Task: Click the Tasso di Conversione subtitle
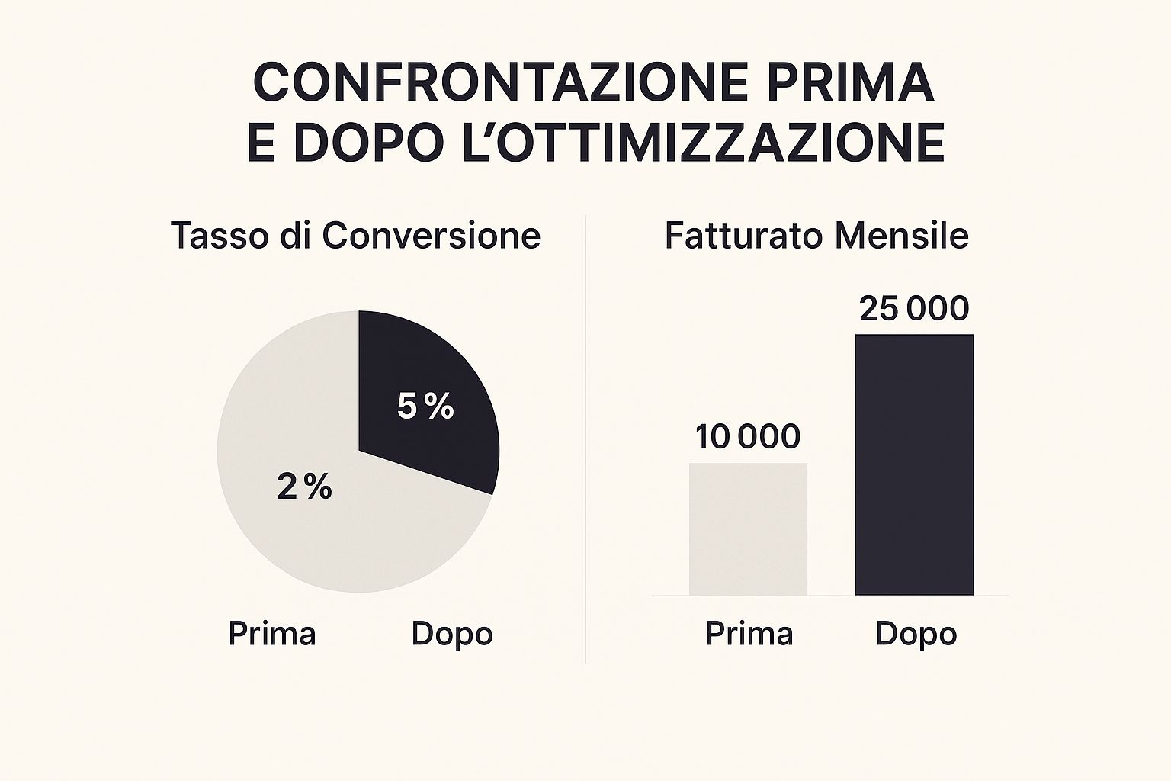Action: pyautogui.click(x=355, y=236)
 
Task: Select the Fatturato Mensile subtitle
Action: pyautogui.click(x=816, y=236)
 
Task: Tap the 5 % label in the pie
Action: pyautogui.click(x=425, y=407)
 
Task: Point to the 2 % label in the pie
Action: pyautogui.click(x=304, y=487)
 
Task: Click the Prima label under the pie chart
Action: pyautogui.click(x=272, y=634)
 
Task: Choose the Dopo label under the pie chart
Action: pyautogui.click(x=452, y=634)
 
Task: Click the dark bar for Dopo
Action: pyautogui.click(x=914, y=464)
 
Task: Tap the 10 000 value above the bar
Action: pyautogui.click(x=748, y=437)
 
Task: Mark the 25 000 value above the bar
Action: pyautogui.click(x=913, y=309)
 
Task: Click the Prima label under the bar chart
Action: pyautogui.click(x=749, y=634)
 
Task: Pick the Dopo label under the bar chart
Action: pyautogui.click(x=916, y=634)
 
